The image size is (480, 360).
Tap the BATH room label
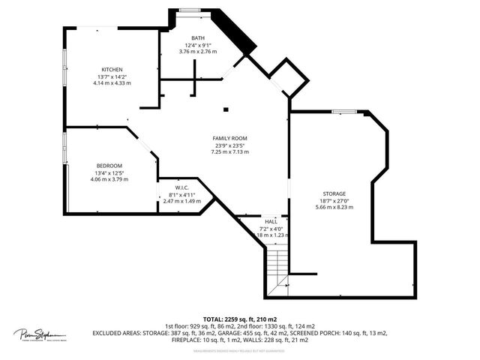coord(197,38)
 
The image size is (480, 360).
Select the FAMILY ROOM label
coord(229,139)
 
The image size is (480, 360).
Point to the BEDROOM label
coord(109,166)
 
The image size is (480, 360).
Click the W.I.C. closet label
coord(181,187)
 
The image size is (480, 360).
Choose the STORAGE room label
coord(335,193)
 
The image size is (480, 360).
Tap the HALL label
coord(271,221)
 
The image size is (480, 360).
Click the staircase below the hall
coord(279,266)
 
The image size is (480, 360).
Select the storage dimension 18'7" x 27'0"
coord(335,200)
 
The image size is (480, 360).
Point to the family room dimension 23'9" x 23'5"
coord(229,145)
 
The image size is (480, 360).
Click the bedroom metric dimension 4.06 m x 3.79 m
coord(109,179)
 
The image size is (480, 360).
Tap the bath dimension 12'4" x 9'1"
coord(197,45)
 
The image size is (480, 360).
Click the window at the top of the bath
coord(188,10)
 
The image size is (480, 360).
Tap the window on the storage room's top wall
coord(343,112)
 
